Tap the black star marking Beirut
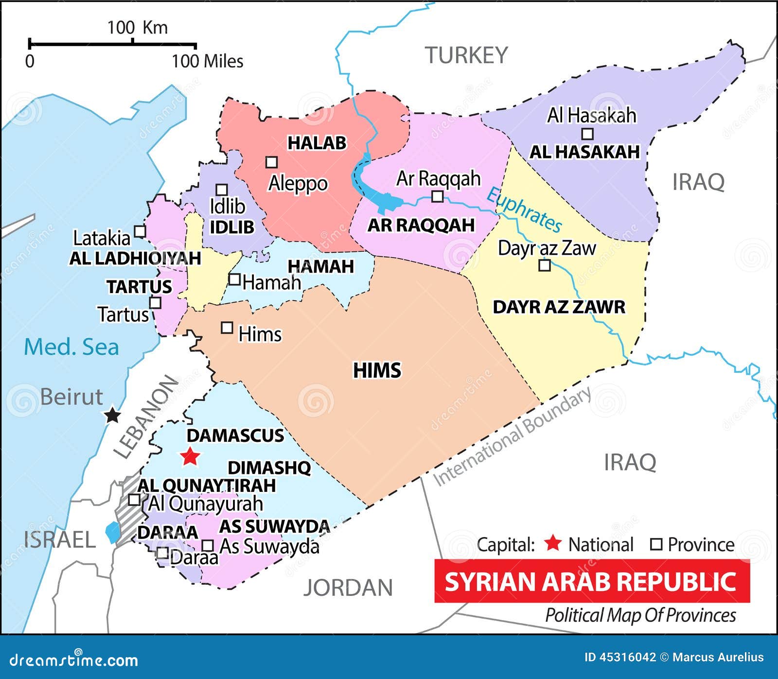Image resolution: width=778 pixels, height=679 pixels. click(113, 415)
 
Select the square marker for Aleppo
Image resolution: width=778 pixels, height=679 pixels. click(271, 162)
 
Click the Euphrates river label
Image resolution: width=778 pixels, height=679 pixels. click(524, 209)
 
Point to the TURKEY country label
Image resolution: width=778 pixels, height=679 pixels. click(466, 55)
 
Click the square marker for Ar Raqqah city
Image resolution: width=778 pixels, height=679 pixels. click(438, 196)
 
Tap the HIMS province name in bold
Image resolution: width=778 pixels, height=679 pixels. click(377, 370)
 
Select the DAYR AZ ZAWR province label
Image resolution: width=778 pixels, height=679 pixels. click(559, 307)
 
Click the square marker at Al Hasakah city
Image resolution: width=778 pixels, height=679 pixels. click(587, 134)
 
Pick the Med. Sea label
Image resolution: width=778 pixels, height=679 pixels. click(71, 347)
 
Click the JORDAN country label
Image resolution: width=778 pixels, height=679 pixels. click(348, 588)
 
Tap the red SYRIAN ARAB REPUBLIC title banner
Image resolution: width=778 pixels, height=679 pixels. click(592, 581)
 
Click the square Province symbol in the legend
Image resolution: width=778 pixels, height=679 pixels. click(656, 544)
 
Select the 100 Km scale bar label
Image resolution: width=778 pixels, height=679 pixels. click(137, 28)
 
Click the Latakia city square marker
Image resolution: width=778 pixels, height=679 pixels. click(140, 231)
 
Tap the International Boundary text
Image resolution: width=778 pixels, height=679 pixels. click(512, 436)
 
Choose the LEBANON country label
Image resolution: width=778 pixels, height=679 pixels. click(146, 418)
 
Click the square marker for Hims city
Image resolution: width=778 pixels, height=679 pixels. click(227, 328)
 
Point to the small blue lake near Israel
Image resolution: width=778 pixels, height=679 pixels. click(113, 532)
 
